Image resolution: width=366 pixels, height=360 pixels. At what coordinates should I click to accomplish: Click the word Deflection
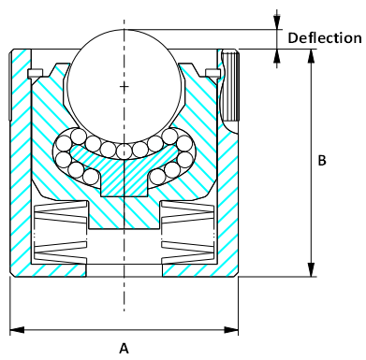pos(324,38)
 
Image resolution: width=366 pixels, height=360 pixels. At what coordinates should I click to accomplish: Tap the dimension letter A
pos(124,347)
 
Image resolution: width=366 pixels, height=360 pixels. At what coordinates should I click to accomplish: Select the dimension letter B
pos(322,161)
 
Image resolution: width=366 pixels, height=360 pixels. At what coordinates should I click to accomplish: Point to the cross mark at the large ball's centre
pos(124,86)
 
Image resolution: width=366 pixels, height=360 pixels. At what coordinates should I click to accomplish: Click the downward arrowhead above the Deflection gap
pos(277,21)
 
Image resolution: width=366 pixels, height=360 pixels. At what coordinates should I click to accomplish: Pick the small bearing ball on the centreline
pos(124,150)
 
